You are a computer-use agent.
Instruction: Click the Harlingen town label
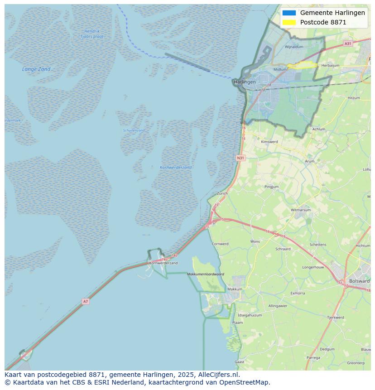[245, 82]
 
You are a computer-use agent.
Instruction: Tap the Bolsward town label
[360, 281]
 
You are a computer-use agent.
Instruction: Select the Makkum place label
[235, 289]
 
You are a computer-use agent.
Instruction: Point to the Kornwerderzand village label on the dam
[163, 263]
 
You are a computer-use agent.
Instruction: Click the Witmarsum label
[300, 210]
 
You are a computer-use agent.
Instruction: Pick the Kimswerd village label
[270, 142]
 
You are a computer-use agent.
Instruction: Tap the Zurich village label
[222, 193]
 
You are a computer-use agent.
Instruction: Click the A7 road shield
[86, 301]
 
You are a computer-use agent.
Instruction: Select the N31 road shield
[240, 158]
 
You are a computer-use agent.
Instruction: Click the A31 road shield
[347, 43]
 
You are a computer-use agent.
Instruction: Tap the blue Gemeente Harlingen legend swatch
[288, 13]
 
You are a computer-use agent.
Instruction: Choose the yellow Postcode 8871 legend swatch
[288, 22]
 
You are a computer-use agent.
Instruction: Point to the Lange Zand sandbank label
[36, 69]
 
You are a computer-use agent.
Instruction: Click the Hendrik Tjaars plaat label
[92, 34]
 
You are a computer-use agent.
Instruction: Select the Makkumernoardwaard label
[206, 274]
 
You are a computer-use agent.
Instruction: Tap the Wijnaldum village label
[294, 47]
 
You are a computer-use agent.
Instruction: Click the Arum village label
[310, 161]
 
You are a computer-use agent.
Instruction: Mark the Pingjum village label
[272, 187]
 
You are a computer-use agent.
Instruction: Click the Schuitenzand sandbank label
[134, 130]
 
